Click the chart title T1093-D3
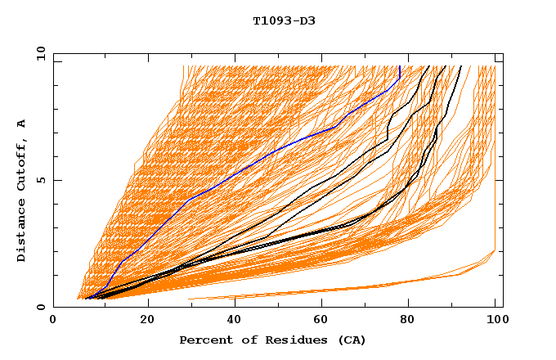click(284, 20)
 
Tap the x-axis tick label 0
click(53, 321)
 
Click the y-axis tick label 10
click(40, 53)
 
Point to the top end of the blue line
click(399, 67)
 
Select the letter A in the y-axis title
click(21, 124)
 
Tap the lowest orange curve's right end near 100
click(495, 251)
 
